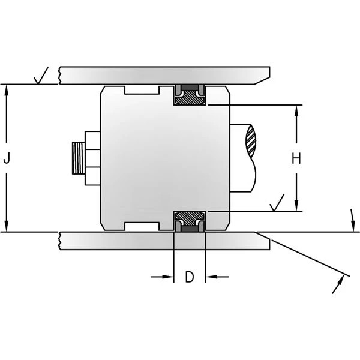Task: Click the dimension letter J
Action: point(7,158)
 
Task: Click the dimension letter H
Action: point(296,158)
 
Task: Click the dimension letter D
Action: point(189,277)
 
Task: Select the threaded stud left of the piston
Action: point(77,158)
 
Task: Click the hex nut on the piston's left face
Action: point(91,158)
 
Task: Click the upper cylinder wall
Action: point(162,74)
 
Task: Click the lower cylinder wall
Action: point(162,239)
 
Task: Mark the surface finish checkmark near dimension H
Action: point(277,204)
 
